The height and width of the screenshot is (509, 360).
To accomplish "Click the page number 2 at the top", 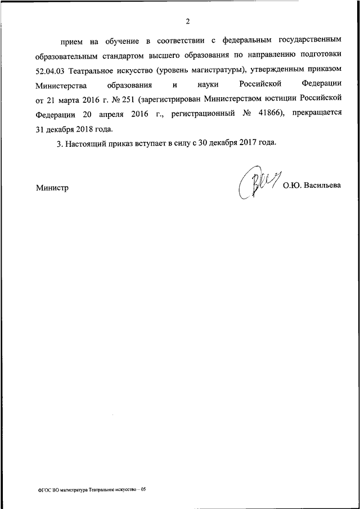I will click(x=188, y=22).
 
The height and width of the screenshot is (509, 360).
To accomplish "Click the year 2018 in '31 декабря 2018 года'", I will click(x=86, y=128).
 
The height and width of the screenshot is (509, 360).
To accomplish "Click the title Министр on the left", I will click(x=52, y=188).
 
